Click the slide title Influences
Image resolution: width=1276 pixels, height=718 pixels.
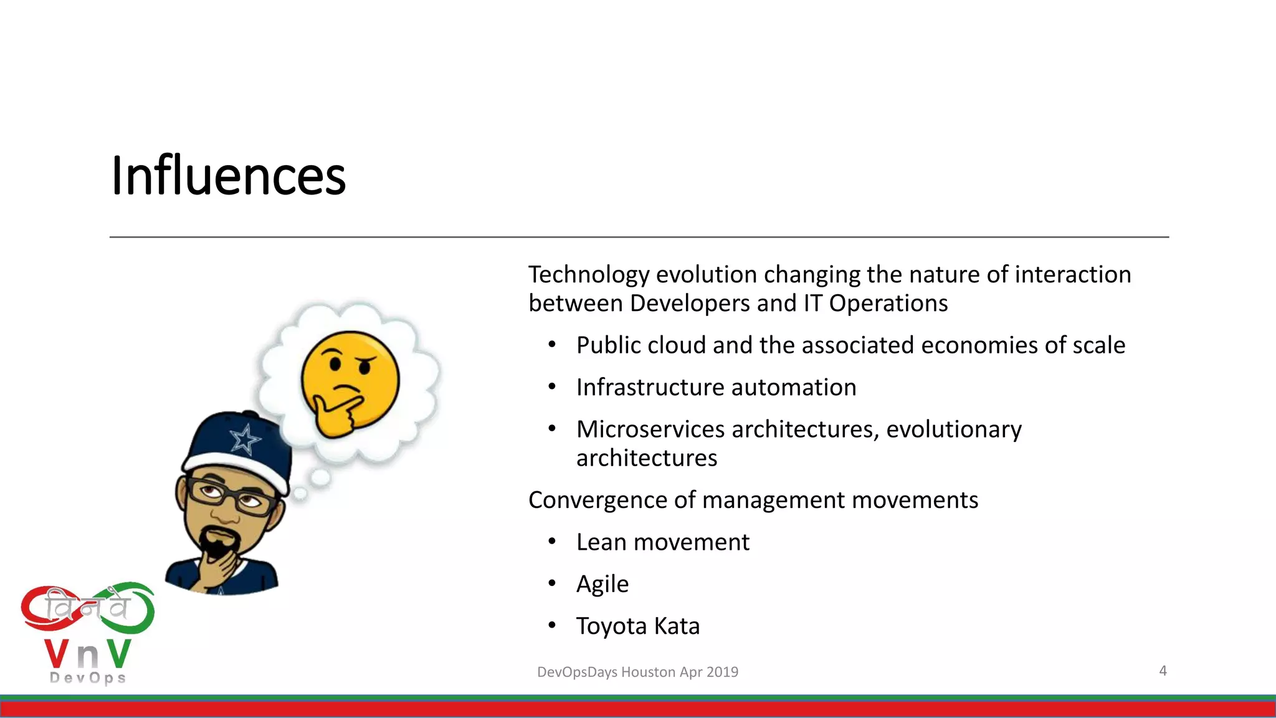228,176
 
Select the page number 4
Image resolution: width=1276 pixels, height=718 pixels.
1163,671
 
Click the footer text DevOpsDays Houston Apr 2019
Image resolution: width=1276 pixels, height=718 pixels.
637,672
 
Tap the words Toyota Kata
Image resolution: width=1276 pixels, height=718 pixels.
637,626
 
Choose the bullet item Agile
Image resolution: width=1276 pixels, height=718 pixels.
602,584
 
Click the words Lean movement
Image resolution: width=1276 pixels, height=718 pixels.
662,542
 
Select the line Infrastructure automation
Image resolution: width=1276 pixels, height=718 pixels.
716,388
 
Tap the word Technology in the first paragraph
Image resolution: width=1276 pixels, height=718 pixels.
589,275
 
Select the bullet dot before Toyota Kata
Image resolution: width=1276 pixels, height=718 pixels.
551,625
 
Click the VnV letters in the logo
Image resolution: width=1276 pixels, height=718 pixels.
88,654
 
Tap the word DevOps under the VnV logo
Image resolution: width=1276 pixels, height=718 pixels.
88,678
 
